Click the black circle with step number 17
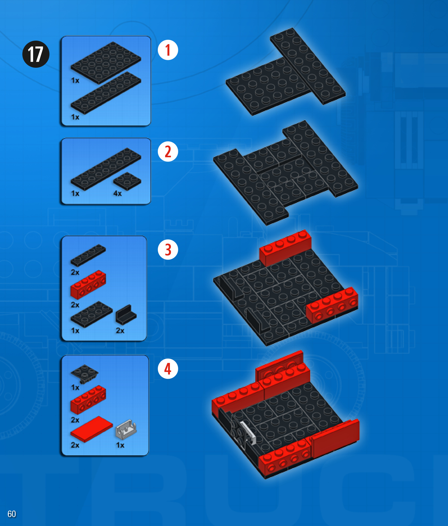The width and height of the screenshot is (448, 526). click(36, 54)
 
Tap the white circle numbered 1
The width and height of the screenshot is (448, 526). click(168, 50)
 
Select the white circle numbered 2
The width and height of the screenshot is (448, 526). click(168, 152)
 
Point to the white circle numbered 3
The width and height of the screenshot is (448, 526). click(168, 250)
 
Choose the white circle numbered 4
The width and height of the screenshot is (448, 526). click(168, 369)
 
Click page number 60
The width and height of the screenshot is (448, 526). click(12, 514)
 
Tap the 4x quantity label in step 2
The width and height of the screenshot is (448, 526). click(117, 193)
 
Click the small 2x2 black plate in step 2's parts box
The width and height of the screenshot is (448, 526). click(127, 181)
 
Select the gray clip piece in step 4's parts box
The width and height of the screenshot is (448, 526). click(126, 429)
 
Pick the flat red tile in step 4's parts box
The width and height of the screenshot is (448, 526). click(92, 429)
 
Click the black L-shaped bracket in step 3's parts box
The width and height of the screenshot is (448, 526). click(126, 315)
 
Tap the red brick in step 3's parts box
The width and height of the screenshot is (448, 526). click(88, 285)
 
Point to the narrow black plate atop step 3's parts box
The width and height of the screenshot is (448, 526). click(88, 255)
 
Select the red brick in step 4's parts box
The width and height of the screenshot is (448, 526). click(88, 400)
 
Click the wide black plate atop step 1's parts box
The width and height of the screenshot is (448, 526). click(106, 63)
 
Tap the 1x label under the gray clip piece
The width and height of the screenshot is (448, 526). click(120, 445)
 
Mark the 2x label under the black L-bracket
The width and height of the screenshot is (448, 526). click(120, 331)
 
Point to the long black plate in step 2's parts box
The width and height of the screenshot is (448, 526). click(106, 169)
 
